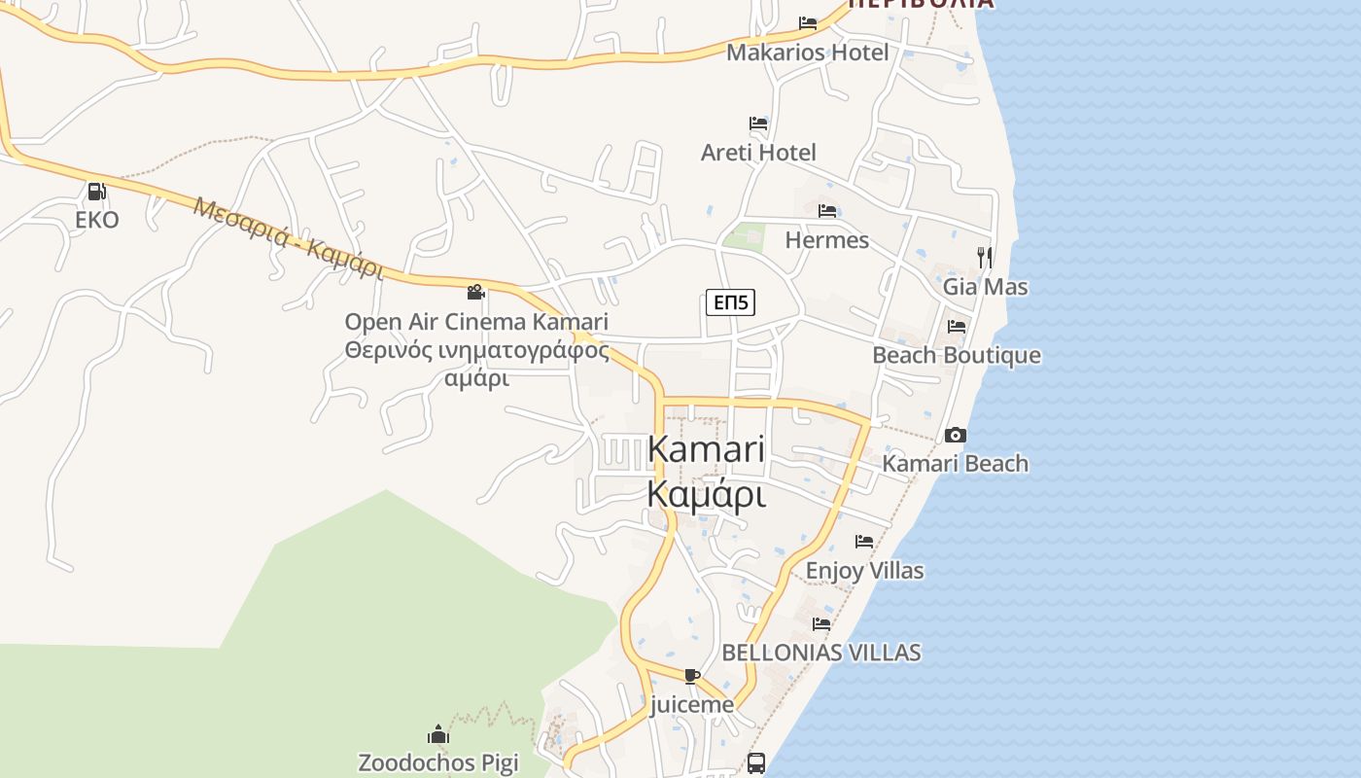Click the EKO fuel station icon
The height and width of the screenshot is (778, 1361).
pyautogui.click(x=96, y=192)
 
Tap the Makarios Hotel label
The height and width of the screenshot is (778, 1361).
pyautogui.click(x=807, y=53)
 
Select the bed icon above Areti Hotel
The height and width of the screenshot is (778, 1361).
pyautogui.click(x=758, y=124)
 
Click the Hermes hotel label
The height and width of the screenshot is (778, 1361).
pyautogui.click(x=826, y=240)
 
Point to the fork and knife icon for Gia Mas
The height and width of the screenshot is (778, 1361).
pyautogui.click(x=985, y=257)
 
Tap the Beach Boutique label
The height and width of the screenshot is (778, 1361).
pyautogui.click(x=956, y=356)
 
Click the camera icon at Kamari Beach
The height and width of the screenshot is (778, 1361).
pyautogui.click(x=956, y=435)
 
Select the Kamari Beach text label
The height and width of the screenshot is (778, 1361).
pyautogui.click(x=955, y=464)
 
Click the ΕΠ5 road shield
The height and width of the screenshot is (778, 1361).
pyautogui.click(x=730, y=302)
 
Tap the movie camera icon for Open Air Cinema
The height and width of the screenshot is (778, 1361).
pyautogui.click(x=475, y=292)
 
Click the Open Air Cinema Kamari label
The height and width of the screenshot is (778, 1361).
pyautogui.click(x=476, y=322)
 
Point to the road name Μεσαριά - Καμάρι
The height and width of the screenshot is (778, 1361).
pyautogui.click(x=289, y=238)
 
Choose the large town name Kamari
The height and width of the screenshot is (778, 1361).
pyautogui.click(x=706, y=449)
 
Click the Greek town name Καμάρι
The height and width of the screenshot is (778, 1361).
pyautogui.click(x=706, y=495)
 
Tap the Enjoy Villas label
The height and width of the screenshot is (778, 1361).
pyautogui.click(x=864, y=571)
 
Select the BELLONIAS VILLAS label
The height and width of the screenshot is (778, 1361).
pyautogui.click(x=820, y=653)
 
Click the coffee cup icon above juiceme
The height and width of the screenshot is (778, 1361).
pyautogui.click(x=691, y=676)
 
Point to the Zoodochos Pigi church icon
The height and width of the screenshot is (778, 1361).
pyautogui.click(x=438, y=733)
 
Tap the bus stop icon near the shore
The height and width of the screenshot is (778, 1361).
pyautogui.click(x=756, y=762)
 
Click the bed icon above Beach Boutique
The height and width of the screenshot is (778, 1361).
pyautogui.click(x=957, y=327)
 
